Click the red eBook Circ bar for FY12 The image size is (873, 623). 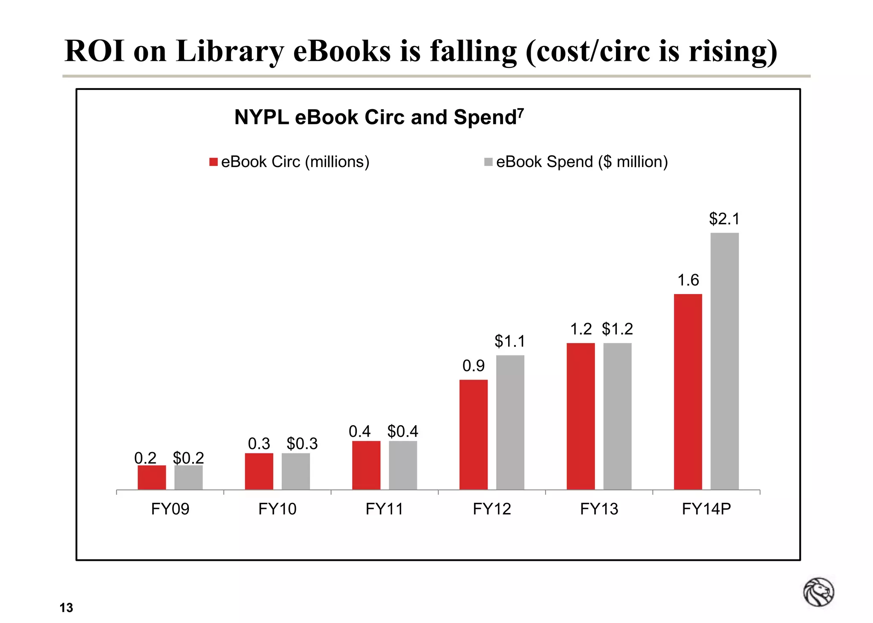(x=473, y=434)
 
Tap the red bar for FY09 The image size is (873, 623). (x=152, y=477)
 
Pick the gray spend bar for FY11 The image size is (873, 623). (x=403, y=465)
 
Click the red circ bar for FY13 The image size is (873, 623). (x=581, y=416)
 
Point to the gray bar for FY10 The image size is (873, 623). (x=295, y=471)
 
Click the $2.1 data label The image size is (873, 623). (x=724, y=219)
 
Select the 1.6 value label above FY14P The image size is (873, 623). (x=688, y=280)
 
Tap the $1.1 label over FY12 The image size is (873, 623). (x=510, y=341)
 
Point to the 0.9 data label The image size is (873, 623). (x=474, y=366)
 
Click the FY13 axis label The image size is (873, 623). (x=599, y=509)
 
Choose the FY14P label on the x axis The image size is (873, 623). (x=706, y=509)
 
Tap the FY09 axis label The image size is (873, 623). (x=170, y=509)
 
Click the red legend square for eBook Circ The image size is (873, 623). (x=214, y=162)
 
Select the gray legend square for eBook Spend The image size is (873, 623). (x=489, y=162)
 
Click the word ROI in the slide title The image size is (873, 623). (x=94, y=51)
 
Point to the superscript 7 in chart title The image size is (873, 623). (x=520, y=112)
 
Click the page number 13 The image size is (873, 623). (x=66, y=608)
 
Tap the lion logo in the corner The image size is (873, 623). (x=818, y=592)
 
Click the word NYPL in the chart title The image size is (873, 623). (x=261, y=117)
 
